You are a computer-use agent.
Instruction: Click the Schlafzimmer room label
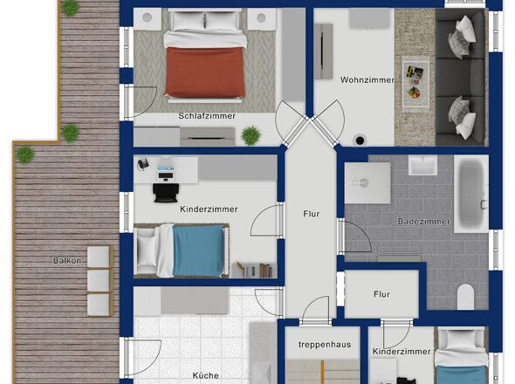[x=207, y=116]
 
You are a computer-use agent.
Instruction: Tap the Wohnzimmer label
[x=367, y=79]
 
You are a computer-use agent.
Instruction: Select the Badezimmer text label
[x=423, y=222]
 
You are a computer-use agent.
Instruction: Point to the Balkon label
[x=67, y=260]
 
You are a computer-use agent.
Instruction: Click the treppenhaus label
[x=325, y=345]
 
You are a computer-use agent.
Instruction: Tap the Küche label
[x=206, y=375]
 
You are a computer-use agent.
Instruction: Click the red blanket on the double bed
[x=205, y=72]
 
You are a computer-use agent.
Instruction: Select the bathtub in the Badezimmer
[x=471, y=194]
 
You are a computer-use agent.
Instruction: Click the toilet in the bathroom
[x=466, y=297]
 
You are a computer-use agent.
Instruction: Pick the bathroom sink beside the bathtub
[x=422, y=165]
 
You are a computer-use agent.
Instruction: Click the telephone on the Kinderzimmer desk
[x=143, y=164]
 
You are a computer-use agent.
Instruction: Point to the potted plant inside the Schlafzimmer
[x=251, y=135]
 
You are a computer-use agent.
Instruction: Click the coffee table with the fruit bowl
[x=415, y=82]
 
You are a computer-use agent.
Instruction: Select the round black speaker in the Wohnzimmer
[x=360, y=141]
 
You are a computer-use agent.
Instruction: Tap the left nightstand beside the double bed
[x=148, y=18]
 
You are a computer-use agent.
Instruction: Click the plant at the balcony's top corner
[x=71, y=8]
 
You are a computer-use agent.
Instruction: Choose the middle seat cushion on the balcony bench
[x=99, y=280]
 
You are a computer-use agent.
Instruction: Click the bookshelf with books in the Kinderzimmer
[x=254, y=271]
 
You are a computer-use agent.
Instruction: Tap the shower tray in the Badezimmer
[x=367, y=183]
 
